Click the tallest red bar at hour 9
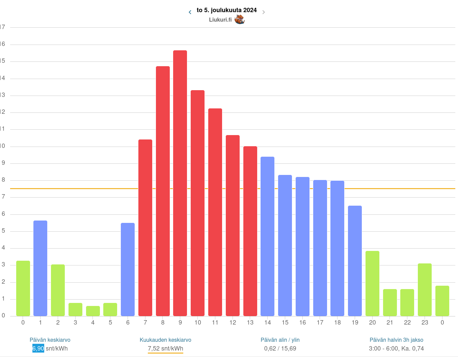[x=180, y=182]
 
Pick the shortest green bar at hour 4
[x=93, y=311]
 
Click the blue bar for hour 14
[x=267, y=236]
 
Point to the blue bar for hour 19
[x=355, y=260]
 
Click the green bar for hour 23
[x=425, y=289]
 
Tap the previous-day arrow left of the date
[x=190, y=12]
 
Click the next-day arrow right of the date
[x=264, y=12]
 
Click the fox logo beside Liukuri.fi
[x=239, y=19]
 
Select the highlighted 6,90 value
[x=38, y=349]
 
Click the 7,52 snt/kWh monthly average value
[x=165, y=349]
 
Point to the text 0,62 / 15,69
[x=280, y=349]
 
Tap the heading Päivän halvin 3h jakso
[x=396, y=340]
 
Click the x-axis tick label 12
[x=233, y=323]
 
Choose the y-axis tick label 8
[x=3, y=180]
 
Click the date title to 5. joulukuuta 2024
[x=226, y=10]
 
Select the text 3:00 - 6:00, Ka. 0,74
[x=396, y=349]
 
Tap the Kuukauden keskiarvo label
[x=165, y=340]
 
